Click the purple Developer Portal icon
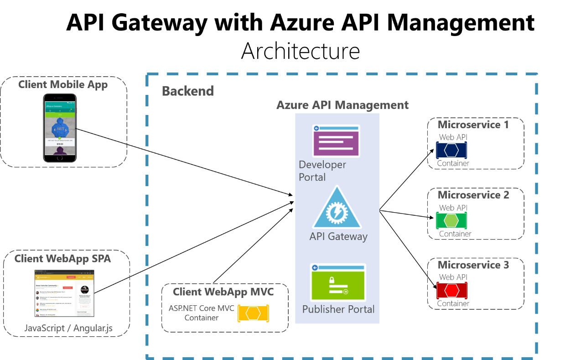point(336,141)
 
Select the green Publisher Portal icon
point(338,282)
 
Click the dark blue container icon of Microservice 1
point(451,150)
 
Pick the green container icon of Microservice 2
point(451,221)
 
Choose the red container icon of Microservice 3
point(451,290)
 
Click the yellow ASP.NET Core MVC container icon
point(253,313)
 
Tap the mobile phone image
point(60,128)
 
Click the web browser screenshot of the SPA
point(64,293)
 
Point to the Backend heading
point(188,91)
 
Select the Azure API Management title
point(342,105)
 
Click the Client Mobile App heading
point(63,85)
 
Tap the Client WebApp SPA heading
point(62,259)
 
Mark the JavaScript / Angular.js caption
point(68,328)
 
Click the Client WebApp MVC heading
point(223,292)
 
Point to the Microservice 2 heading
point(473,195)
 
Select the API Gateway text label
point(338,236)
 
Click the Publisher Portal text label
point(338,309)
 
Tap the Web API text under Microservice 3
point(453,277)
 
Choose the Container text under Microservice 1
point(453,163)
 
